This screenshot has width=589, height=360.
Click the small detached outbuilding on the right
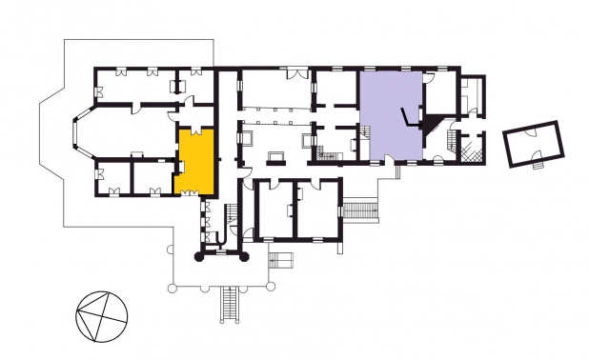532,143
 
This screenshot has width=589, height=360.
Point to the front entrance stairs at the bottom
230,305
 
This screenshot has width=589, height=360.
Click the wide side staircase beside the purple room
359,208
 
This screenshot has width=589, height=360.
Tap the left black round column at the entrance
199,256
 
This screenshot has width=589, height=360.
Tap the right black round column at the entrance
243,256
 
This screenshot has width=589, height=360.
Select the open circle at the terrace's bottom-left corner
171,285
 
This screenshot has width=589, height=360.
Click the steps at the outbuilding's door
539,163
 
